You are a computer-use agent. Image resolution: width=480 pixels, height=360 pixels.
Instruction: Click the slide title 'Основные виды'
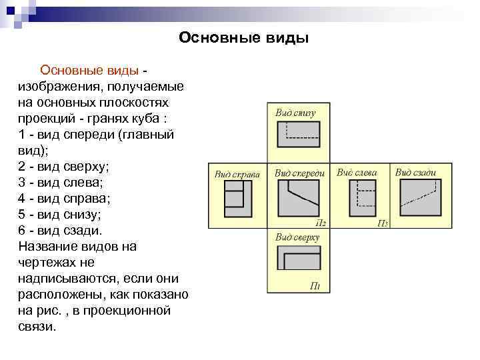tap(243, 38)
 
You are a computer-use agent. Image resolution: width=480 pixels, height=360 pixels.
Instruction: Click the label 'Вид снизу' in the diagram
tap(295, 113)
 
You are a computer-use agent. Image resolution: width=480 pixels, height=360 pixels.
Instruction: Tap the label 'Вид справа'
tap(236, 174)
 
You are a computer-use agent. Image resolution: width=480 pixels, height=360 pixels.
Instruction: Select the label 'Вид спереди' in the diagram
tap(299, 173)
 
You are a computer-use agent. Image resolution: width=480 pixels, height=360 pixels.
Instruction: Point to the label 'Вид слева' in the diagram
tap(357, 172)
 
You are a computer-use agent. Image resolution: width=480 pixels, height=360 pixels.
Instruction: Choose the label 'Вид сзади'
tap(415, 172)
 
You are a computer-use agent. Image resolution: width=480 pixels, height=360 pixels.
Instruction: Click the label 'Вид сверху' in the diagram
tap(298, 237)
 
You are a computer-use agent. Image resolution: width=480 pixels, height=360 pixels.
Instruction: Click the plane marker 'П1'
tap(315, 287)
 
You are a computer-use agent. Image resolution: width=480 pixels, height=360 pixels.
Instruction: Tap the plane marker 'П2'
tap(320, 223)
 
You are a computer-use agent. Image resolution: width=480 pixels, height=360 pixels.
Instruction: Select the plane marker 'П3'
tap(383, 223)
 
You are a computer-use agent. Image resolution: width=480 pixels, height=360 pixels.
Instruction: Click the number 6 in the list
tap(24, 230)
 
